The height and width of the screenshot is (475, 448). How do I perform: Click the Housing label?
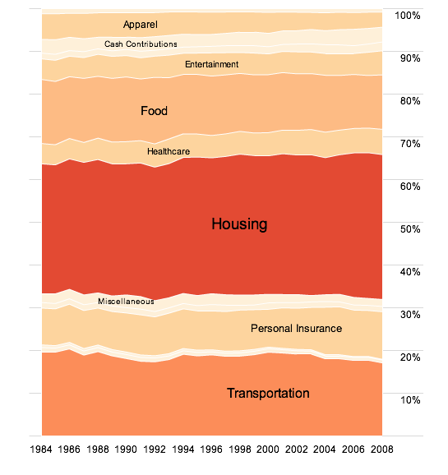pos(239,224)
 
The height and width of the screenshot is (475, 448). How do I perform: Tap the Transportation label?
pos(268,393)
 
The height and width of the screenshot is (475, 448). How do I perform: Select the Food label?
pos(154,111)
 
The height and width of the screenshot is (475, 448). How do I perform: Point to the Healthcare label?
pos(169,151)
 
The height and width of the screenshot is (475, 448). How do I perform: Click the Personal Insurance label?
pos(297,329)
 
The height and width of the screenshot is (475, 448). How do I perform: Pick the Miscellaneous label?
pos(126,302)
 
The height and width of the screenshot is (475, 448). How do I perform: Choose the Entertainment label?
pos(212,64)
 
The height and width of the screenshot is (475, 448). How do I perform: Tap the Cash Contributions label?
pos(141,44)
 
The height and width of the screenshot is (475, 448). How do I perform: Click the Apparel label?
pos(141,25)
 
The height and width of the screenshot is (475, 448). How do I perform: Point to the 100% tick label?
pos(408,16)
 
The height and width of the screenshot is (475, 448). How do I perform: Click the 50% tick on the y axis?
pos(410,229)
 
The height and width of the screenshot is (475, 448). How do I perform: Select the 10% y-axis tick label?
pos(410,400)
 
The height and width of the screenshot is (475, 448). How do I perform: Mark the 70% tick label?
pos(410,144)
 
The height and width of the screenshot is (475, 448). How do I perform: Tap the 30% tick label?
pos(410,315)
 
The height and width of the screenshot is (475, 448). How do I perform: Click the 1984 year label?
pos(41,450)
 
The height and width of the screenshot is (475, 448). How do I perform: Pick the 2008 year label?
pos(382,450)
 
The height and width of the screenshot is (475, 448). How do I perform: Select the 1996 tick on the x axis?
pos(211,450)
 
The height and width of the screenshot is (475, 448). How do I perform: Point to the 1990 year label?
pos(126,450)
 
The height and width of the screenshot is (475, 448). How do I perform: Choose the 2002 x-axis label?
pos(297,450)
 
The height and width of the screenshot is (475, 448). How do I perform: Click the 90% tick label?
pos(410,58)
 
